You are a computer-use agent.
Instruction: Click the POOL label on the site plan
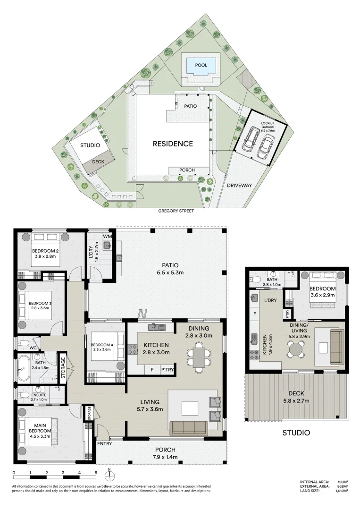point(201,65)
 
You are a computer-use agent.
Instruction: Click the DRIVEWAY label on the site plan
point(240,185)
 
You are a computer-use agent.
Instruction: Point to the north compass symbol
point(109,473)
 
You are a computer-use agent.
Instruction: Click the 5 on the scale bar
point(96,473)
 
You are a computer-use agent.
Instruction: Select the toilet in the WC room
point(23,343)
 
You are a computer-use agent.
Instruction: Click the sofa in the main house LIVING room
point(189,428)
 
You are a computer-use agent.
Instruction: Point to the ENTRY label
point(105,444)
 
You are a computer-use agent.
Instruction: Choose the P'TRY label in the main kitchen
point(167,370)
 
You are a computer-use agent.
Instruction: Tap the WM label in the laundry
point(107,236)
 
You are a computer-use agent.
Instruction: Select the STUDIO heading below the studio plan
point(296,433)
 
